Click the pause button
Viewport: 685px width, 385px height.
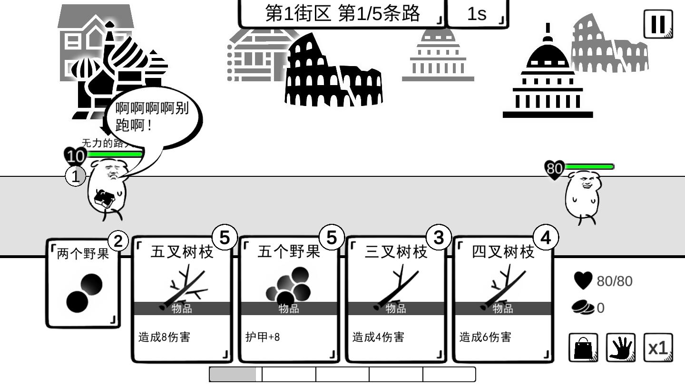(x=658, y=24)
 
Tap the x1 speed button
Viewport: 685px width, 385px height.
(x=658, y=348)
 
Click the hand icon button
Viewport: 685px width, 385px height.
(x=621, y=348)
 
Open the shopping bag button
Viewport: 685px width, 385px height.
(x=583, y=348)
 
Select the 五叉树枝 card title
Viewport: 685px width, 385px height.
(x=182, y=252)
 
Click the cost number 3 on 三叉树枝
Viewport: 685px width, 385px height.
(x=438, y=237)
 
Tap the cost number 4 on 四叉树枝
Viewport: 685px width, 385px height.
(x=546, y=237)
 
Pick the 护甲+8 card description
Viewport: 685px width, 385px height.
(x=263, y=337)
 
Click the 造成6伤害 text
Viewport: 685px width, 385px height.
(x=485, y=337)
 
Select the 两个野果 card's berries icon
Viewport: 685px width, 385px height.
(x=84, y=294)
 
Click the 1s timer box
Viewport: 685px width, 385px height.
(x=477, y=14)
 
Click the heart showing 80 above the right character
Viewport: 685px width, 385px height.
(x=554, y=169)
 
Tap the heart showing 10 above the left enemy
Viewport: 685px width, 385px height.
(x=75, y=156)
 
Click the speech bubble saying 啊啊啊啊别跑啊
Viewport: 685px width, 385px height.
(x=152, y=117)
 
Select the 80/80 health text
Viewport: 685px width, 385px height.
(x=615, y=281)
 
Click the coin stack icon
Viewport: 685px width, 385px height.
(x=583, y=308)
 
